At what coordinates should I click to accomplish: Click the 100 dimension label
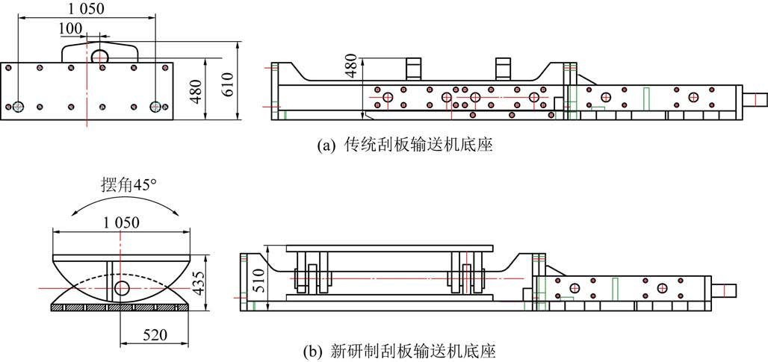(x=70, y=28)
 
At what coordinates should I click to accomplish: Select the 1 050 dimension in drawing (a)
(x=87, y=10)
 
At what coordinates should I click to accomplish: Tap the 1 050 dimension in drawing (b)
(x=121, y=222)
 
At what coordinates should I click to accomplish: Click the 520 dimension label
(x=155, y=336)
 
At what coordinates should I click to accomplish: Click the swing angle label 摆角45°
(x=128, y=186)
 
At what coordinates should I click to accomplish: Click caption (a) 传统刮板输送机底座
(x=405, y=146)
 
